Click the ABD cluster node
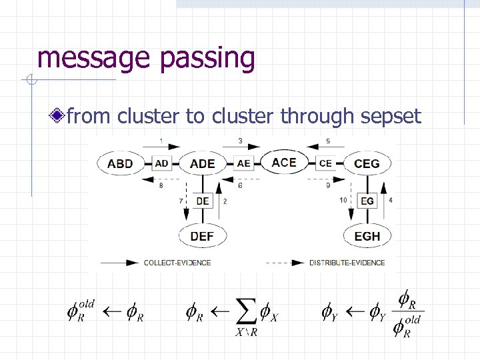point(120,164)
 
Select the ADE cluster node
point(202,164)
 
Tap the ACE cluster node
point(284,162)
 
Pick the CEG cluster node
point(367,164)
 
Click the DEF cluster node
point(202,236)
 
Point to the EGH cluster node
point(367,236)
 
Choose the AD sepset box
point(161,164)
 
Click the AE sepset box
point(243,163)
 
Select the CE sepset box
point(325,163)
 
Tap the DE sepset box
point(202,201)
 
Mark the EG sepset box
point(367,201)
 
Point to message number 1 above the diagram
point(162,141)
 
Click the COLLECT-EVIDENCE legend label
point(177,263)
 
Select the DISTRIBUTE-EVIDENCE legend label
point(347,263)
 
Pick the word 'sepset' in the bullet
point(390,117)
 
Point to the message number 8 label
point(161,186)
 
